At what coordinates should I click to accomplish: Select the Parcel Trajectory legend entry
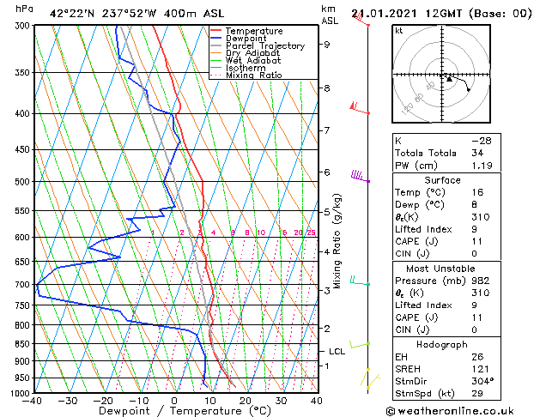(264, 46)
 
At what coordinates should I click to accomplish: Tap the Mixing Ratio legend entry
(253, 76)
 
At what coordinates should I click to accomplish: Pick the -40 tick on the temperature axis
(33, 401)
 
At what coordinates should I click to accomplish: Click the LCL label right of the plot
(337, 351)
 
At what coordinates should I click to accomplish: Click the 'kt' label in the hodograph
(399, 31)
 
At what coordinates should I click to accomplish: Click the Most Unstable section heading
(442, 268)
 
